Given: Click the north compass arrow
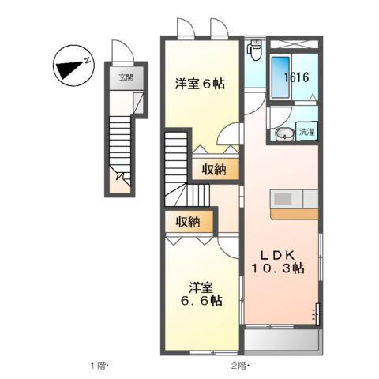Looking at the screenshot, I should click(x=73, y=67).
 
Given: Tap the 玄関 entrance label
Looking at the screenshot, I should click(x=126, y=78).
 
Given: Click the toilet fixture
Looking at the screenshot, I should click(x=254, y=51).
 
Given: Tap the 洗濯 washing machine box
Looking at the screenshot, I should click(x=306, y=133).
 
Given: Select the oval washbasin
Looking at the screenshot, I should click(x=282, y=133).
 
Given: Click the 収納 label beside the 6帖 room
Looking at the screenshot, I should click(x=214, y=169).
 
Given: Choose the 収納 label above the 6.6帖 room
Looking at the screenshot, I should click(x=188, y=222).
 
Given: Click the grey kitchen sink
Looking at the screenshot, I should click(x=283, y=198).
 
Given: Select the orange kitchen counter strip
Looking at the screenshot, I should click(x=294, y=213).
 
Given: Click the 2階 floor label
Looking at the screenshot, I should click(x=239, y=366).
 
